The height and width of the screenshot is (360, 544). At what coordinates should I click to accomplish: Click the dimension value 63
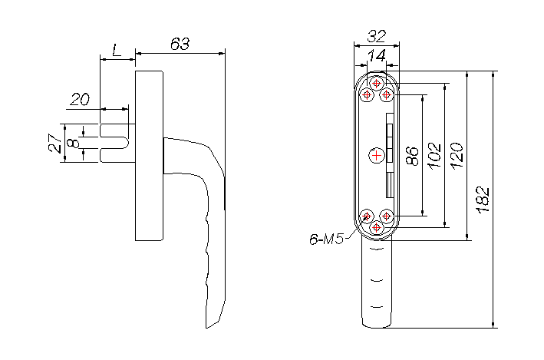(x=180, y=44)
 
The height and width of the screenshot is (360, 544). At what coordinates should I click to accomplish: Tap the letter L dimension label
(x=117, y=51)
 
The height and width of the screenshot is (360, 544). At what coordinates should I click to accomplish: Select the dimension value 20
(x=80, y=99)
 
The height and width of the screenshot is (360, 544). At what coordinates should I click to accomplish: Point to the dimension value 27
(x=55, y=143)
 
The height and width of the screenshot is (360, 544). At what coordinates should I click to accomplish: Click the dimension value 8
(x=73, y=143)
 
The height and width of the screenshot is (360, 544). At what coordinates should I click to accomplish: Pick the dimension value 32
(x=377, y=36)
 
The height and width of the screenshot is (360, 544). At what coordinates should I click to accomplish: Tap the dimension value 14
(x=377, y=55)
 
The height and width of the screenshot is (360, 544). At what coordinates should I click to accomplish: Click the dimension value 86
(x=413, y=156)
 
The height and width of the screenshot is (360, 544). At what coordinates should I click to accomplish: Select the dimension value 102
(x=435, y=156)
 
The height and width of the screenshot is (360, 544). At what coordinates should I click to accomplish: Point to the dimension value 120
(x=457, y=156)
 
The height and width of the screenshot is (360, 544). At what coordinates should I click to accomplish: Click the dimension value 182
(x=483, y=200)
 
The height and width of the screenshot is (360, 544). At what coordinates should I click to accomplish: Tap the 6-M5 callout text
(x=326, y=239)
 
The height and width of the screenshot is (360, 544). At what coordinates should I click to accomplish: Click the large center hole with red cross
(x=377, y=155)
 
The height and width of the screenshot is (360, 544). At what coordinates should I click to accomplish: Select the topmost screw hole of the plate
(x=377, y=84)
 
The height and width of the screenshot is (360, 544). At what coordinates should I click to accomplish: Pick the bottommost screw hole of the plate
(x=377, y=228)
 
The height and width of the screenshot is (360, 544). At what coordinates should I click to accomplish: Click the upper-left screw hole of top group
(x=367, y=94)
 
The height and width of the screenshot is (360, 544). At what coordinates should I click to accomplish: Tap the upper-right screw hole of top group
(x=386, y=94)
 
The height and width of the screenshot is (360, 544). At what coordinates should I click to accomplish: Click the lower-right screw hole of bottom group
(x=386, y=216)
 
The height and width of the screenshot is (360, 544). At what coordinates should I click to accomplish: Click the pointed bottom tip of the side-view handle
(x=206, y=328)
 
